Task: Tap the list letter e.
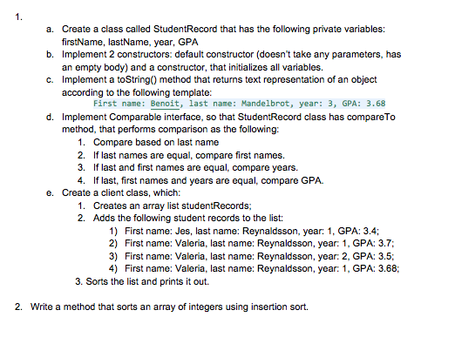(51, 192)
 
